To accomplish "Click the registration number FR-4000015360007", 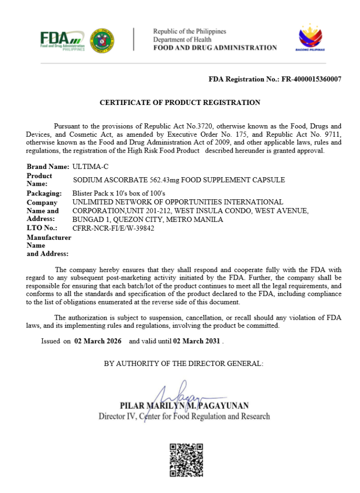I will (x=311, y=79).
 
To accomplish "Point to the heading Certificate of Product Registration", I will (x=180, y=103).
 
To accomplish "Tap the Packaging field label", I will (x=44, y=194).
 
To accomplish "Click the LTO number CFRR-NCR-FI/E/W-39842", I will (x=113, y=228).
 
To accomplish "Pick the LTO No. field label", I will (x=42, y=228).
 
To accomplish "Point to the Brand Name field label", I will (x=48, y=167).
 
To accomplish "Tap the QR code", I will (x=186, y=460).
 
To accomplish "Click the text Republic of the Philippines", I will (x=190, y=31).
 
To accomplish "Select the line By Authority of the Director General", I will (x=184, y=364).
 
